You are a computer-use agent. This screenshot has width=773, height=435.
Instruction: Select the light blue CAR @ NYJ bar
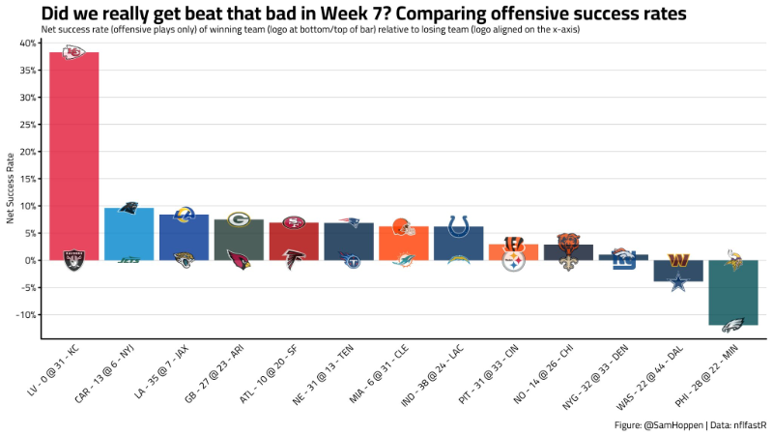coord(129,233)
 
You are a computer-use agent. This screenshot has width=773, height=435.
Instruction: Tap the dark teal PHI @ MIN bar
coord(733,290)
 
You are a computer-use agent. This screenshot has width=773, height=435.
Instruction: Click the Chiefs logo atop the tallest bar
coord(74,52)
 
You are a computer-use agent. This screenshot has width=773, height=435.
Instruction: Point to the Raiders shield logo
coord(74,259)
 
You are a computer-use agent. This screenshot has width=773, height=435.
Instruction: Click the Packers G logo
coord(239,219)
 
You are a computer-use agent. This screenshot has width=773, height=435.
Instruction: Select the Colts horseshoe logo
coord(459,226)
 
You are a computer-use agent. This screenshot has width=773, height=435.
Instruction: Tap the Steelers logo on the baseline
coord(513,260)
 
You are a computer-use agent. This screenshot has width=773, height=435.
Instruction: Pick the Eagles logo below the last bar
coord(733,325)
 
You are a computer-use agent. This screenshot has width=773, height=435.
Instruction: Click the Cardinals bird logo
coord(239,259)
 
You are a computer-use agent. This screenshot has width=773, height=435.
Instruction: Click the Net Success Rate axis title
coord(11,188)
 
